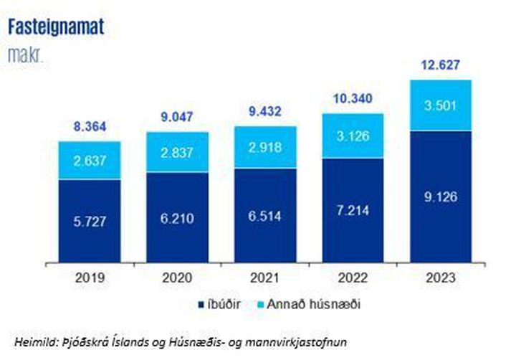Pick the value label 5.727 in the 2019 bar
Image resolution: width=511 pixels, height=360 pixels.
[x=89, y=222]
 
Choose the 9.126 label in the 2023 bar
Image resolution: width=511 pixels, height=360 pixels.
[x=440, y=196]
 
